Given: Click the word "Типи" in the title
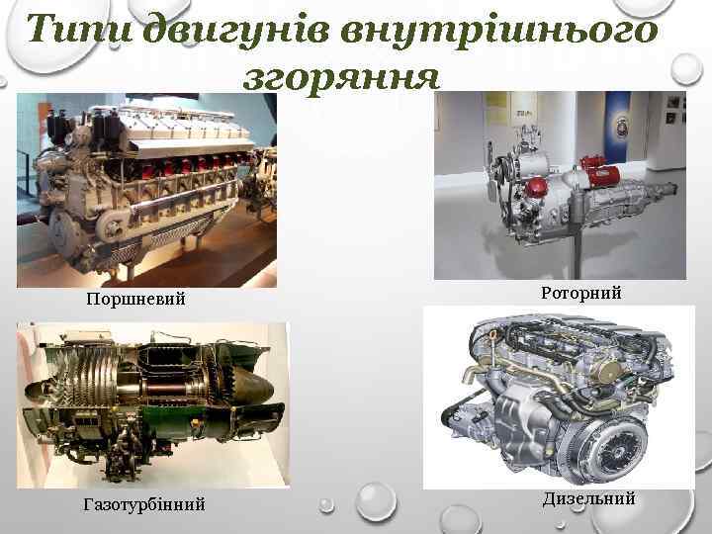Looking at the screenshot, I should [x=80, y=32].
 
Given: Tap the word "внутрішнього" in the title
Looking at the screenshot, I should [x=498, y=32].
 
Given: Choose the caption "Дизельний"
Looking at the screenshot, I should [x=588, y=498].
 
